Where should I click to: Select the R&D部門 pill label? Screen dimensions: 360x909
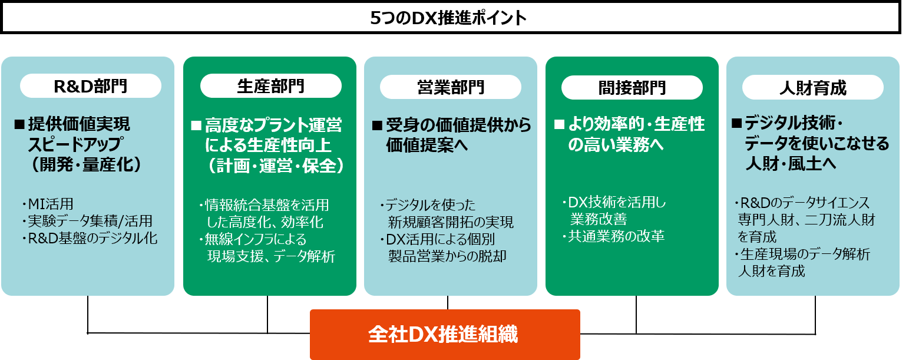(x=90, y=86)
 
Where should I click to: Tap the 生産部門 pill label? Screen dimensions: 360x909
(x=270, y=86)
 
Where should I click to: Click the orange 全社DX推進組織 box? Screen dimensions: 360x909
(x=445, y=334)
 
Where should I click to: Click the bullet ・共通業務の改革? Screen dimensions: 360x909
(x=613, y=236)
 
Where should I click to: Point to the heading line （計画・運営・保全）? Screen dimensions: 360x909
(x=275, y=166)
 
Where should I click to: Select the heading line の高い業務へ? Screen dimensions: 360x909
(x=616, y=145)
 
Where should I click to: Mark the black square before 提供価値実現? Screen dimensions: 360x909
(x=19, y=124)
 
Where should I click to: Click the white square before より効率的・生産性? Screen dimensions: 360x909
(x=559, y=125)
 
